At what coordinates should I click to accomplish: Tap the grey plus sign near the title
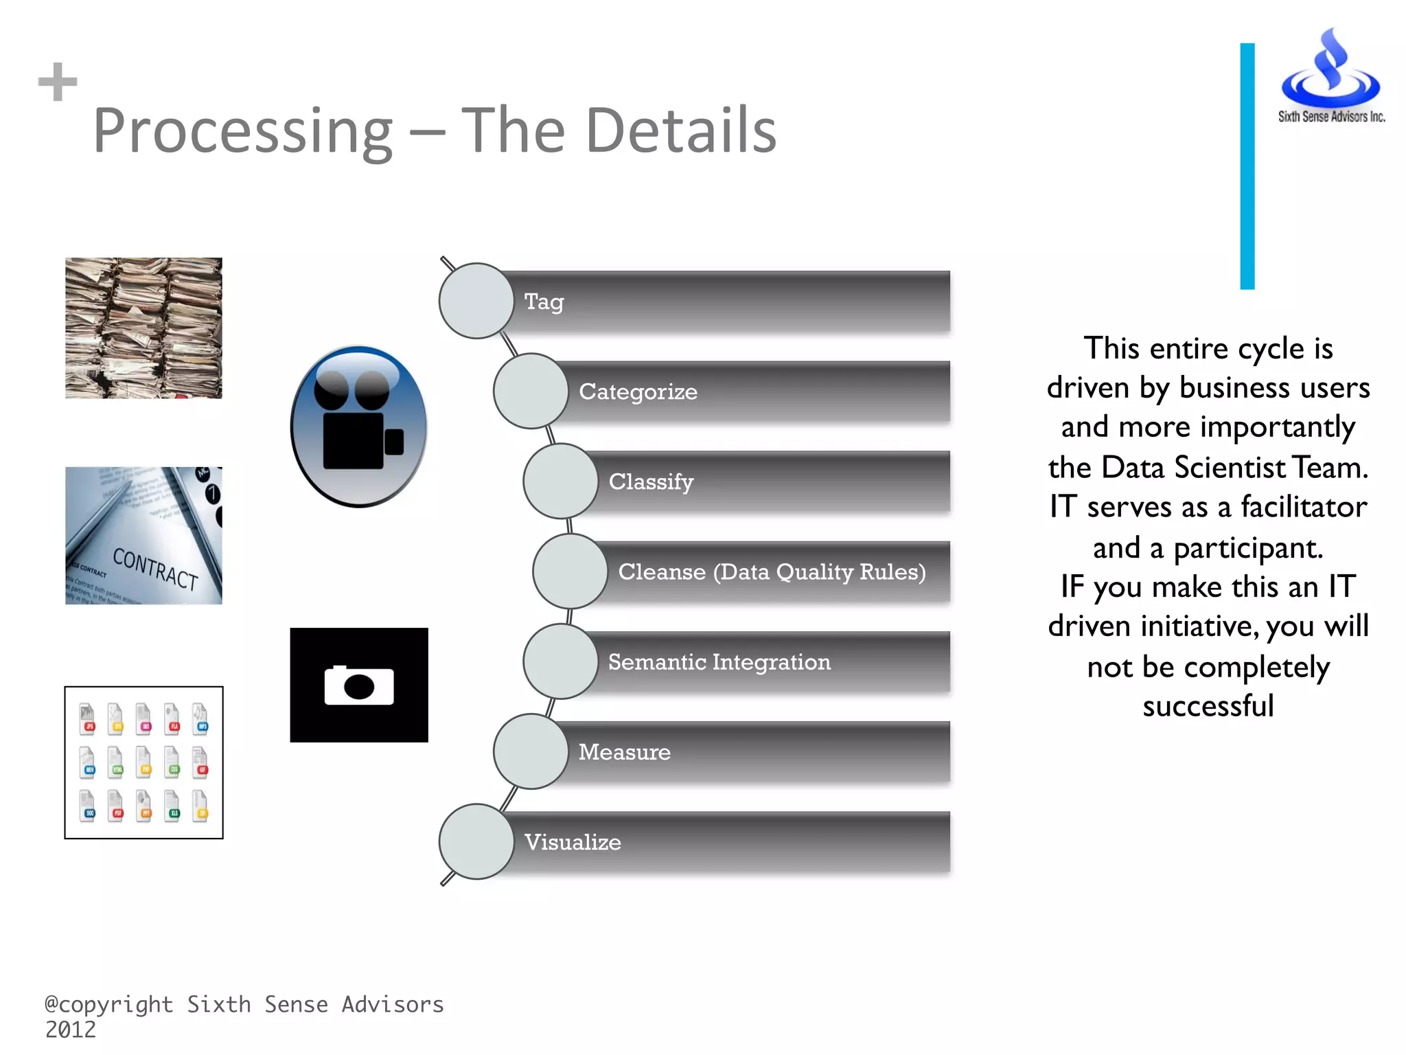pos(58,82)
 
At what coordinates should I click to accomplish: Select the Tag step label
pos(544,302)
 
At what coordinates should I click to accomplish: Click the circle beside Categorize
pos(531,392)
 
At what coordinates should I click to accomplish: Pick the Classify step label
pos(651,481)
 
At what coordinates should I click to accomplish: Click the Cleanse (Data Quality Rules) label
pos(772,571)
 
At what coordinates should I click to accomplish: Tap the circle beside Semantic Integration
pos(561,661)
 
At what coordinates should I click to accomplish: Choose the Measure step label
pos(624,752)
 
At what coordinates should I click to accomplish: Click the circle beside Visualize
pos(476,842)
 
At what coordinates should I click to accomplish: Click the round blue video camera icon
pos(359,427)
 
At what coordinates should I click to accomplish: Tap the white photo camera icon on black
pos(359,685)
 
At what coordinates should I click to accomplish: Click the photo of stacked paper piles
pos(143,328)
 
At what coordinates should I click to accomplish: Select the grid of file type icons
pos(143,762)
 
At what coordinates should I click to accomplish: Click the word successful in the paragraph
pos(1208,706)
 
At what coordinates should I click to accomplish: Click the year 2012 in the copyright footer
pos(71,1030)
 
